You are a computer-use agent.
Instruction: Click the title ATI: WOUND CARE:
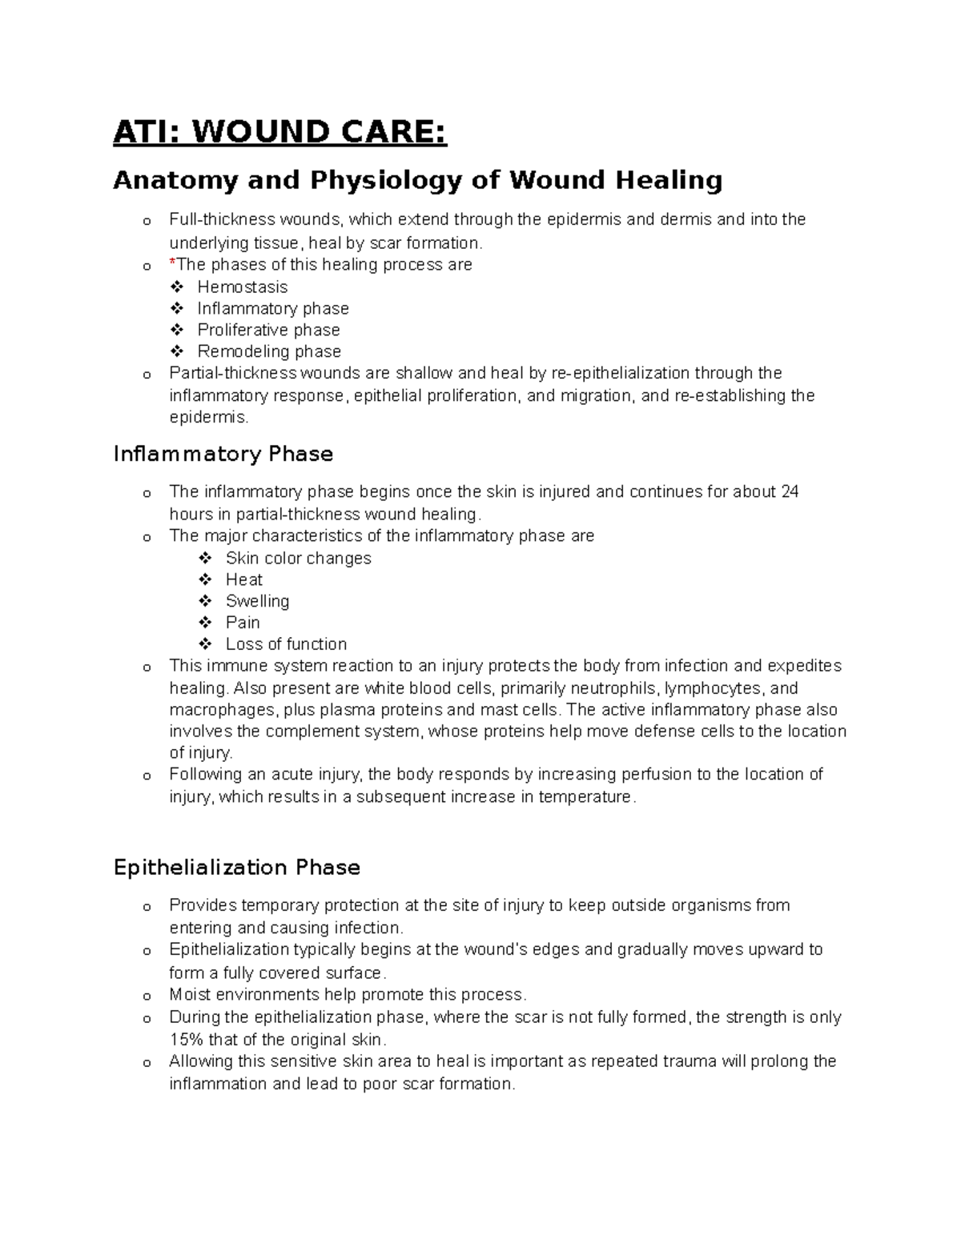click(279, 132)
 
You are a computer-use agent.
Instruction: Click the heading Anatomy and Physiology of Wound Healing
click(417, 180)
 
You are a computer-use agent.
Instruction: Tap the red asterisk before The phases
click(172, 263)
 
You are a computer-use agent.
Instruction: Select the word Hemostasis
click(242, 287)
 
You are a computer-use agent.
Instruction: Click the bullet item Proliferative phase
click(268, 330)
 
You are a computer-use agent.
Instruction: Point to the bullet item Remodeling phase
click(269, 351)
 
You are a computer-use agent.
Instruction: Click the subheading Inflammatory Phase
click(223, 454)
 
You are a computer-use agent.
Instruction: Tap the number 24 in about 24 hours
click(790, 491)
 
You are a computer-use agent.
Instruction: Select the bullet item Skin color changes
click(298, 558)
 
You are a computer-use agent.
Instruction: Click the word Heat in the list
click(243, 579)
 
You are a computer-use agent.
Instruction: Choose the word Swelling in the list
click(257, 601)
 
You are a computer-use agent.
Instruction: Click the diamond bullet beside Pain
click(206, 623)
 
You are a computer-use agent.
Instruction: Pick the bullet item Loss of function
click(286, 644)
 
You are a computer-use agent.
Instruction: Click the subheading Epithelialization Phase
click(236, 868)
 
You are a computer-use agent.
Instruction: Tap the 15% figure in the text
click(187, 1040)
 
